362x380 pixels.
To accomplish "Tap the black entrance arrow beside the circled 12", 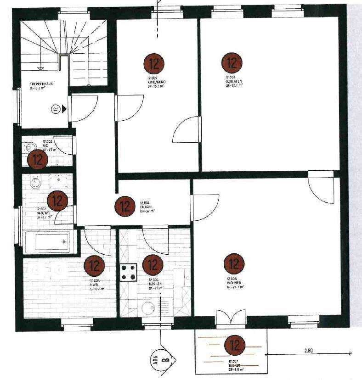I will point(65,109).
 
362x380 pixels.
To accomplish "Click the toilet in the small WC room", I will point(31,147).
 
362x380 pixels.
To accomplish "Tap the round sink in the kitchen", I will point(148,308).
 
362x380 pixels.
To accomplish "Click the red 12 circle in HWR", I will point(94,265).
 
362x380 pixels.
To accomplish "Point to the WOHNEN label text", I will point(234,283).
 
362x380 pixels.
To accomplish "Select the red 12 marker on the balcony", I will point(235,344).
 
